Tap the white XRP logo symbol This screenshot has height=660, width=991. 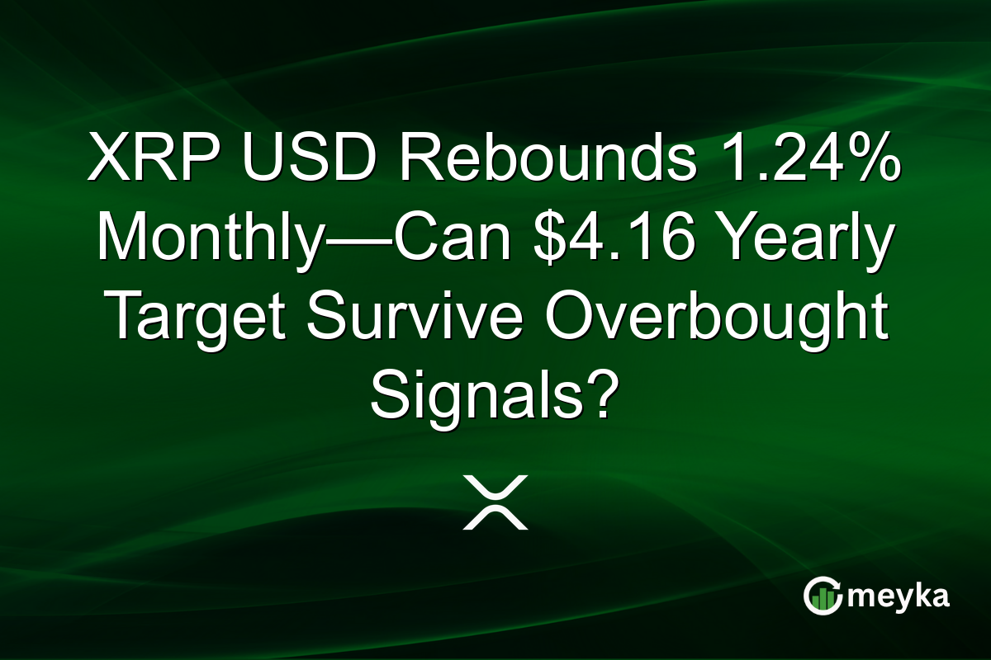click(x=495, y=502)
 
